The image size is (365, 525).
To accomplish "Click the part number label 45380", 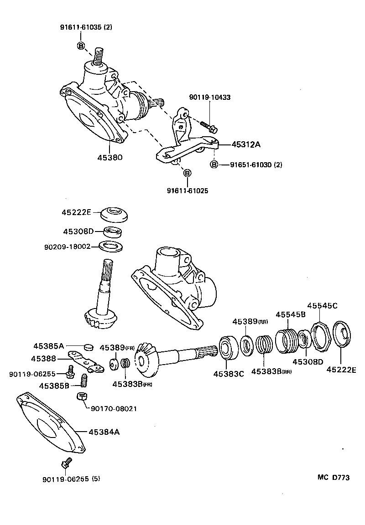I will [109, 157].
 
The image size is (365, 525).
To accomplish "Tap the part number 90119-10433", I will [209, 98].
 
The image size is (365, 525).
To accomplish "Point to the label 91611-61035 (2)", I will [86, 27].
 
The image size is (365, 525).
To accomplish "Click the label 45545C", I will [322, 305].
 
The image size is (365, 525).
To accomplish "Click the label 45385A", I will [48, 346].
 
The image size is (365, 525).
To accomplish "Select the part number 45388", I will [43, 359].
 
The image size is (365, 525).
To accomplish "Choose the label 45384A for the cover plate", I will [104, 431].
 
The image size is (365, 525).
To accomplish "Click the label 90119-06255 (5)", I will [71, 479].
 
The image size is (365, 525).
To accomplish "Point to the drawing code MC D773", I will [334, 478].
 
